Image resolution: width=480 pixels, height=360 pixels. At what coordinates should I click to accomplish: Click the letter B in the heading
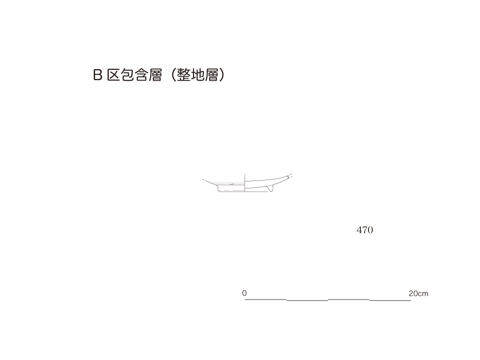pyautogui.click(x=97, y=75)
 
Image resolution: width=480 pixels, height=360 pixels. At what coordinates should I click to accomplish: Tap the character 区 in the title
pyautogui.click(x=113, y=75)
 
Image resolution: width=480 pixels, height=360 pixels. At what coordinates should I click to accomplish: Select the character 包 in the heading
pyautogui.click(x=127, y=75)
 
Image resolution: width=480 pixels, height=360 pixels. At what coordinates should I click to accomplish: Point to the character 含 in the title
pyautogui.click(x=142, y=75)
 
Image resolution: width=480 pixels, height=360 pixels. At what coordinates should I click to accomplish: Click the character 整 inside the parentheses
pyautogui.click(x=184, y=75)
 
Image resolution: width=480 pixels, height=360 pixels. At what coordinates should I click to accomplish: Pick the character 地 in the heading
pyautogui.click(x=198, y=75)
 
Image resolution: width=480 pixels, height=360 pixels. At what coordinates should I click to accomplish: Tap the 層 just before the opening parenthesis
pyautogui.click(x=156, y=75)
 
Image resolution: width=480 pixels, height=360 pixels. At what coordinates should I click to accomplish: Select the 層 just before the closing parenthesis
pyautogui.click(x=211, y=75)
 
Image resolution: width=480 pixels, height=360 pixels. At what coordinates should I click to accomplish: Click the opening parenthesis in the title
pyautogui.click(x=173, y=75)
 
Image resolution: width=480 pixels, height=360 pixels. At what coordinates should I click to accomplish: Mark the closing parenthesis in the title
pyautogui.click(x=222, y=75)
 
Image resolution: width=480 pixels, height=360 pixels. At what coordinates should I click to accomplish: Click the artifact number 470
pyautogui.click(x=365, y=230)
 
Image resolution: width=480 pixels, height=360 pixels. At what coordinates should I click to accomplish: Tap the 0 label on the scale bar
pyautogui.click(x=244, y=293)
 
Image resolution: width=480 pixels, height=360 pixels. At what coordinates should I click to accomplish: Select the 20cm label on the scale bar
pyautogui.click(x=418, y=293)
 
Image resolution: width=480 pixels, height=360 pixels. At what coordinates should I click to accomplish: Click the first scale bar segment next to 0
pyautogui.click(x=265, y=299)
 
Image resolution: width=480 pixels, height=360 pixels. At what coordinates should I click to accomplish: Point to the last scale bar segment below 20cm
pyautogui.click(x=390, y=300)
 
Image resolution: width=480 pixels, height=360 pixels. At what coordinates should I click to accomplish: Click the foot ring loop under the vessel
pyautogui.click(x=270, y=189)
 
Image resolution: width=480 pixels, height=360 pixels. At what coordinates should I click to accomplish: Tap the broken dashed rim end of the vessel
pyautogui.click(x=290, y=176)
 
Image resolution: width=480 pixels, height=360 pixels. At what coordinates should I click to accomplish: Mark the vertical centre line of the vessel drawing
pyautogui.click(x=245, y=183)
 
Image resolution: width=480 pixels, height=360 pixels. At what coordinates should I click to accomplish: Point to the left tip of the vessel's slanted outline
pyautogui.click(x=202, y=179)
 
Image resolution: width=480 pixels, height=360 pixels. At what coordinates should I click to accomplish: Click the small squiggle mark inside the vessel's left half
pyautogui.click(x=232, y=184)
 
